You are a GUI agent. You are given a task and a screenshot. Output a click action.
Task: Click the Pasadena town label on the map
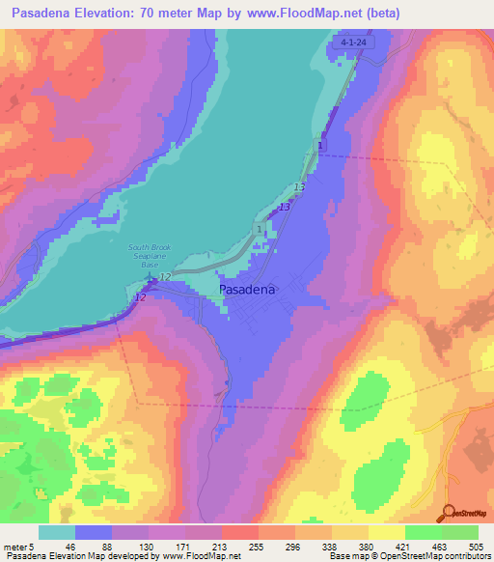point(248,289)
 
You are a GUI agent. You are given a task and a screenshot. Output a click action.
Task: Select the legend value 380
point(367,546)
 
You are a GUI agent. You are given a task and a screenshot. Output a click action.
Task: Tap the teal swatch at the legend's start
point(57,532)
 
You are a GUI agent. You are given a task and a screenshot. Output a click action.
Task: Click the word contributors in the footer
point(461,557)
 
